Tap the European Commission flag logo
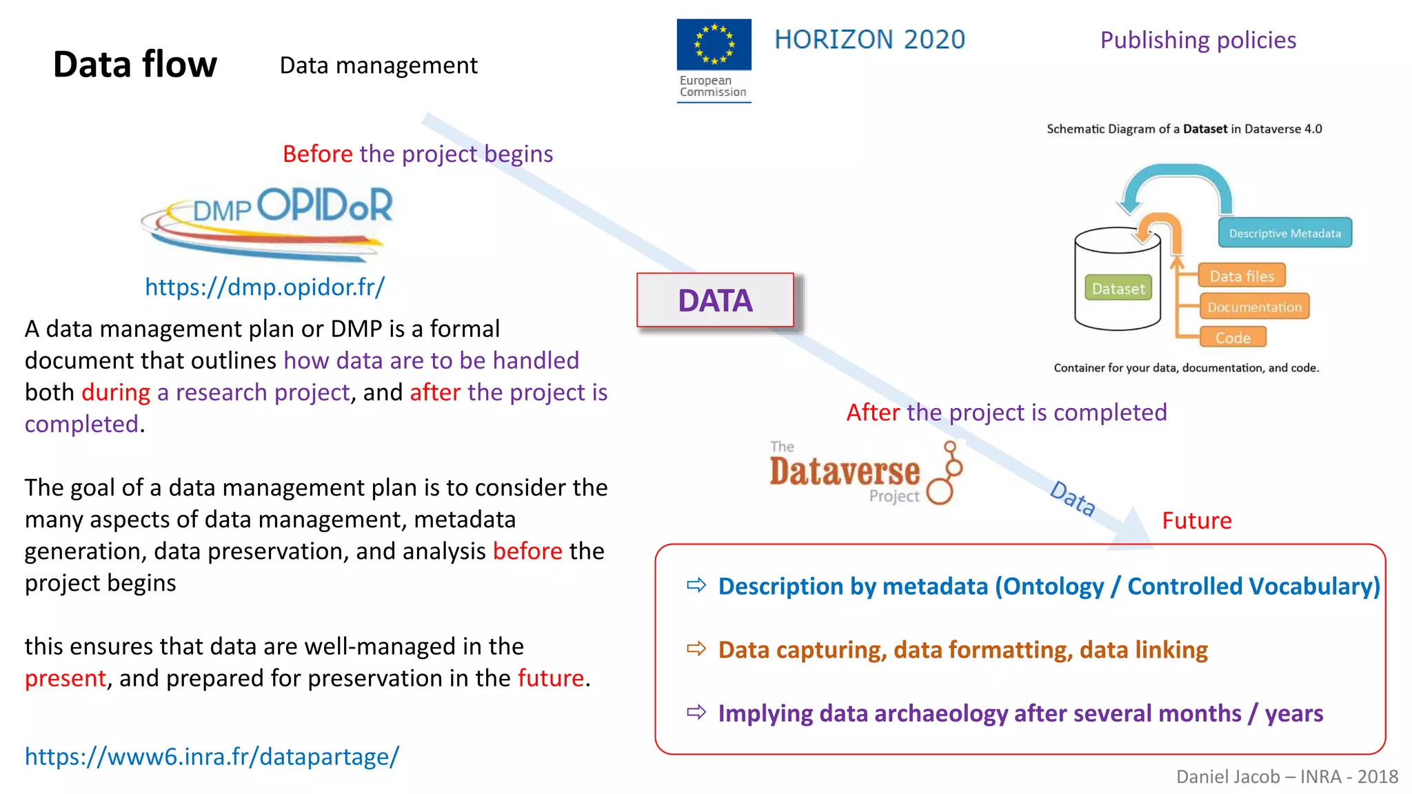pos(714,45)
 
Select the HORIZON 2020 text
pos(869,40)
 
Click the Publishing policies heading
pos(1198,40)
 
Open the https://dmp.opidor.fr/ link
pos(265,287)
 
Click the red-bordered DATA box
pos(715,301)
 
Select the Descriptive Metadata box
pos(1284,233)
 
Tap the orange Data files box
pos(1242,276)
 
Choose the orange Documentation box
pos(1254,307)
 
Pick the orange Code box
pos(1233,338)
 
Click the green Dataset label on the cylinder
pos(1118,288)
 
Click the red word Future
pos(1196,520)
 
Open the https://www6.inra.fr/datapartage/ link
pos(212,756)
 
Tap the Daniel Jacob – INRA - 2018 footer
pos(1287,777)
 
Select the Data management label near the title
pos(379,65)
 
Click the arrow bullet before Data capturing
pos(696,649)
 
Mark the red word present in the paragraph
pos(65,678)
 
